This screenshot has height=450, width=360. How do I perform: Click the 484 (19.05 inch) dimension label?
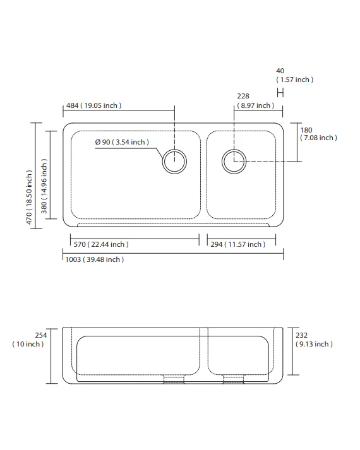pyautogui.click(x=94, y=105)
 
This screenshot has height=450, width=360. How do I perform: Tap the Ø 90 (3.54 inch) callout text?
pyautogui.click(x=122, y=142)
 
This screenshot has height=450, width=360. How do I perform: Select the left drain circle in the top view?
pyautogui.click(x=174, y=162)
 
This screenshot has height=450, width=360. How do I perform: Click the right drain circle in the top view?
pyautogui.click(x=234, y=162)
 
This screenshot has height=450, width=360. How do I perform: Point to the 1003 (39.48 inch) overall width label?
pyautogui.click(x=95, y=260)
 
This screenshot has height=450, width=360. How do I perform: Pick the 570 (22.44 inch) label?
pyautogui.click(x=101, y=244)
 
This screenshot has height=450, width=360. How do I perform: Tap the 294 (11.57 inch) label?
pyautogui.click(x=238, y=244)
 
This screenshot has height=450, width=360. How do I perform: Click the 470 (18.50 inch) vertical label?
pyautogui.click(x=29, y=198)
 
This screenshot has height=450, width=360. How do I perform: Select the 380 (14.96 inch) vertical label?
pyautogui.click(x=44, y=186)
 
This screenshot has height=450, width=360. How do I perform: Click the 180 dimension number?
pyautogui.click(x=306, y=130)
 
